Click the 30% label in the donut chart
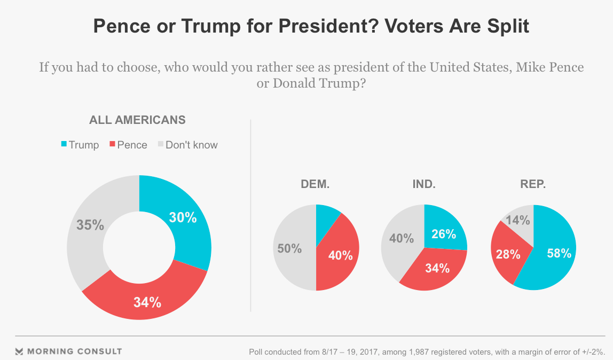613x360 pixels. click(183, 217)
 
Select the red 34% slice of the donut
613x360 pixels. click(147, 302)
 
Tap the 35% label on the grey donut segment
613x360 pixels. click(90, 225)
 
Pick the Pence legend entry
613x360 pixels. click(128, 145)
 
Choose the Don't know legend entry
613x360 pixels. click(187, 145)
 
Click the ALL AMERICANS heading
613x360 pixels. click(137, 120)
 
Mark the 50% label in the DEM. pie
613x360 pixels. click(289, 248)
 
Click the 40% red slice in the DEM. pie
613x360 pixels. click(340, 255)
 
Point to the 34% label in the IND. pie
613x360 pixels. click(437, 268)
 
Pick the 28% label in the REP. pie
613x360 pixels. click(508, 254)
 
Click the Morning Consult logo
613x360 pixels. click(68, 351)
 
